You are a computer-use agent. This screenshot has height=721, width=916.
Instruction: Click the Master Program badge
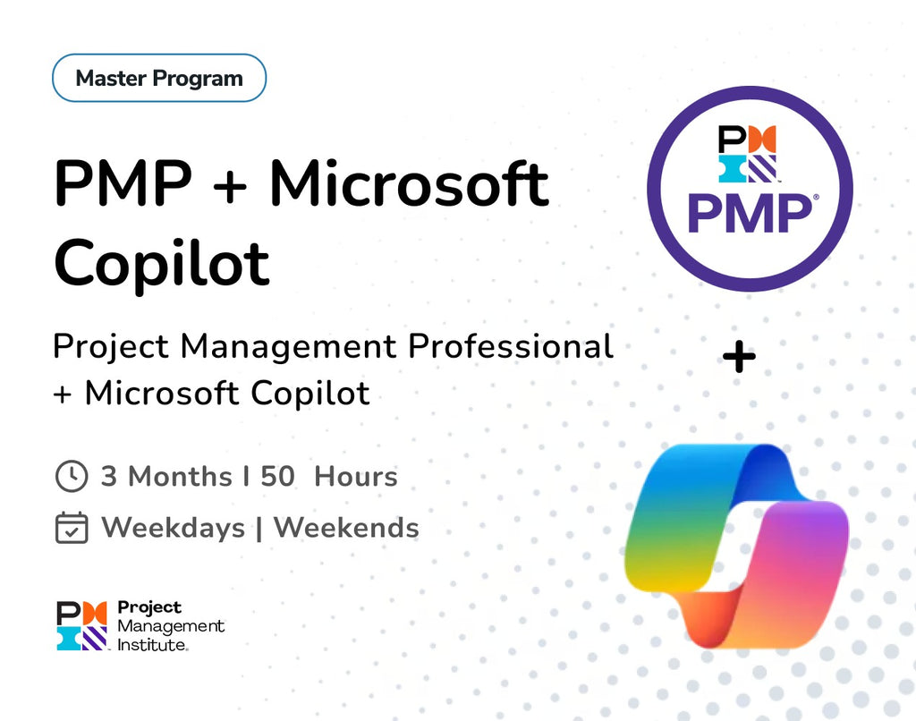point(159,78)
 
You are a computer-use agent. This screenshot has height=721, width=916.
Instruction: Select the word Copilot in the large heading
point(162,260)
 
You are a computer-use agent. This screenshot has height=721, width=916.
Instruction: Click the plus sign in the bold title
point(232,184)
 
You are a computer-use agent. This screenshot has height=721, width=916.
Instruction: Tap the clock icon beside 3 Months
point(72,476)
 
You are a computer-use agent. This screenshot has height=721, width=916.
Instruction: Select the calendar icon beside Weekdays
point(72,528)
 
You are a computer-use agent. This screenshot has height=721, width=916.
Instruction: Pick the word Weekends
point(346,528)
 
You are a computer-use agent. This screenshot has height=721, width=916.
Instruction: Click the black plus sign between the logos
point(739,358)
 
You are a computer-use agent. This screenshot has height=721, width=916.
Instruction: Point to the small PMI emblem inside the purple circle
point(747,154)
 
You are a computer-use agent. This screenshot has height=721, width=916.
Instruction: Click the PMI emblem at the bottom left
point(81,625)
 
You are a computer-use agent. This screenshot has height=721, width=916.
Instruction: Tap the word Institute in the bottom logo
point(152,644)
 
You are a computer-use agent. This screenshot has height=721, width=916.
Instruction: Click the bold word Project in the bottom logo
point(149,608)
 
